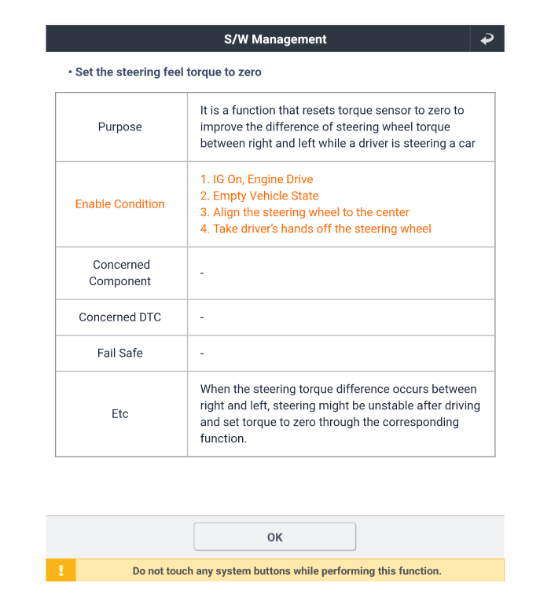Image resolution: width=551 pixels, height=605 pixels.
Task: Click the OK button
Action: pyautogui.click(x=274, y=537)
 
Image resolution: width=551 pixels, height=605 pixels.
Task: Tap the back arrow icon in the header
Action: pyautogui.click(x=487, y=38)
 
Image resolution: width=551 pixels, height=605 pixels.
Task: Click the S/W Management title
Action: pyautogui.click(x=275, y=38)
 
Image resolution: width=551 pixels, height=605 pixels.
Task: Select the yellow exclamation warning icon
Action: pyautogui.click(x=61, y=570)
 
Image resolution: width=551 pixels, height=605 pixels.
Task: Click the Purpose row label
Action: pyautogui.click(x=120, y=126)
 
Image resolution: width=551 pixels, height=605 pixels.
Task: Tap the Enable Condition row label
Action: pyautogui.click(x=120, y=203)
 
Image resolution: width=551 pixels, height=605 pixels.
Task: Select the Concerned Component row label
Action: pyautogui.click(x=120, y=273)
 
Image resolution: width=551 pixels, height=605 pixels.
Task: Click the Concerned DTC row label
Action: pyautogui.click(x=120, y=317)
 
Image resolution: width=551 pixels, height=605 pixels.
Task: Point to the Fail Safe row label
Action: pyautogui.click(x=120, y=353)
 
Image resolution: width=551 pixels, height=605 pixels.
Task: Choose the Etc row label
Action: pyautogui.click(x=120, y=413)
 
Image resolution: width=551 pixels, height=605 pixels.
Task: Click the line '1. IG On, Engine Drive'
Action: pyautogui.click(x=256, y=179)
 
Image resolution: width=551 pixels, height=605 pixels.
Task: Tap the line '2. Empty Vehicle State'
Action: pyautogui.click(x=259, y=196)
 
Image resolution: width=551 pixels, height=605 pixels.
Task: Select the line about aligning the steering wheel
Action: pyautogui.click(x=305, y=212)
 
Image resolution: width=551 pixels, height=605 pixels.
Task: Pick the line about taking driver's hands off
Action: pyautogui.click(x=316, y=229)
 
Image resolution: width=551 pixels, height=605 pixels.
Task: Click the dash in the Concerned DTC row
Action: pyautogui.click(x=202, y=317)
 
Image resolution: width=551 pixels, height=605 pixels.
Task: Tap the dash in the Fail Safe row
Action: pyautogui.click(x=202, y=354)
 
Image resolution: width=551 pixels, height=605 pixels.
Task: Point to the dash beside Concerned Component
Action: pyautogui.click(x=202, y=273)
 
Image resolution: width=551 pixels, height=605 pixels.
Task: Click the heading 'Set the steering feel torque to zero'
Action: pyautogui.click(x=168, y=71)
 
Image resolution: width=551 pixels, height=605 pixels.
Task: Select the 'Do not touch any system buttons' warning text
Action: pyautogui.click(x=287, y=571)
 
